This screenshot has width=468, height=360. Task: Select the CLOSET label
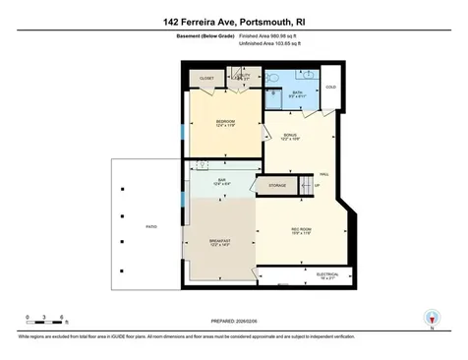tap(206, 78)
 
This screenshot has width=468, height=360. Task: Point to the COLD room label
tap(330, 87)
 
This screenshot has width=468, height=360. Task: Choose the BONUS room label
tap(290, 136)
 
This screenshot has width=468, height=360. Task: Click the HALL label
tap(323, 174)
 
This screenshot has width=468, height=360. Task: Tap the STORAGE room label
tap(277, 185)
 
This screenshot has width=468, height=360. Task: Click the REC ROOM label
tap(301, 229)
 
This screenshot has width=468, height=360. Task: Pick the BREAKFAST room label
tap(220, 241)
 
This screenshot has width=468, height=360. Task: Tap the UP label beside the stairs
tap(317, 186)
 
